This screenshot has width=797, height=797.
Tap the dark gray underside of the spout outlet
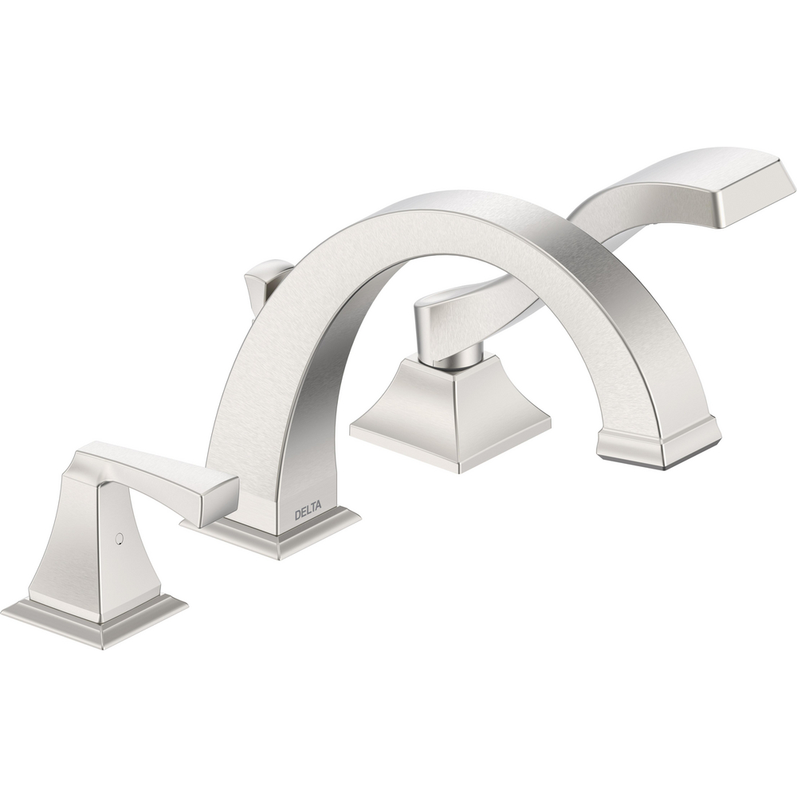(x=638, y=454)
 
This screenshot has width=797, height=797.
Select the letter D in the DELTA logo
(x=296, y=513)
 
